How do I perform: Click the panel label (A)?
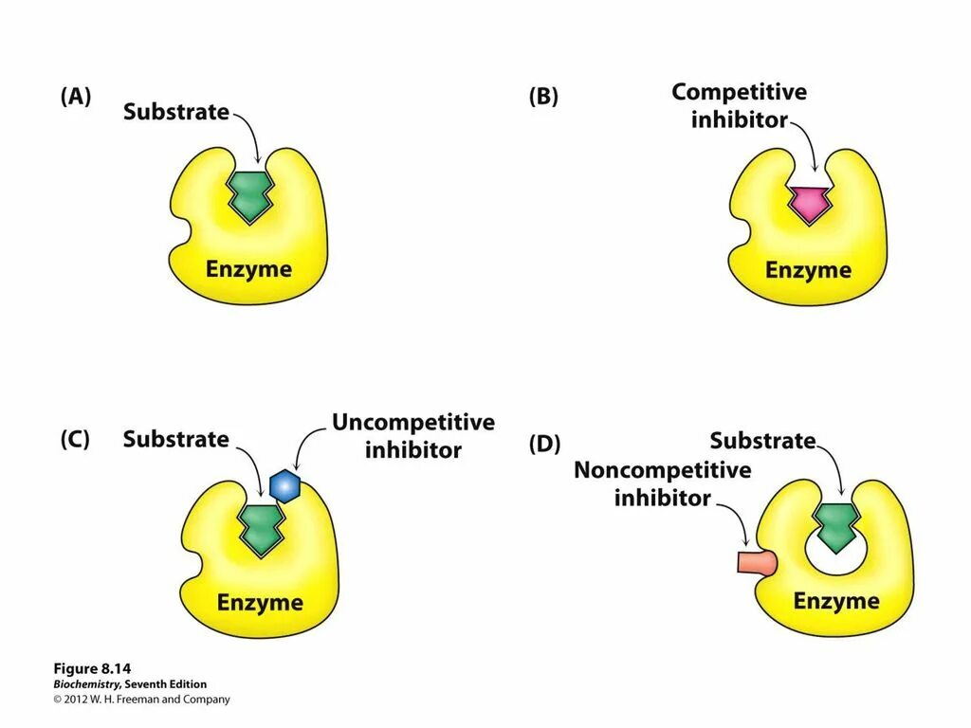76,97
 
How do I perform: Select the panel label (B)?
543,98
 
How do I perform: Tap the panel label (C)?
75,440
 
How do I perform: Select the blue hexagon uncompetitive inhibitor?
284,485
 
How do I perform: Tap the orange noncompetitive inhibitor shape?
756,562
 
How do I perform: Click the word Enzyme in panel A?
248,269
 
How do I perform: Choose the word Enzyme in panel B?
808,270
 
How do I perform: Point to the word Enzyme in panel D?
836,601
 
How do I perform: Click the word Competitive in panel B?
739,92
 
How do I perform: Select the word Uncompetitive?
412,422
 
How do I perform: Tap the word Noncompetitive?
662,470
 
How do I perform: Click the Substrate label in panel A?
176,112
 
